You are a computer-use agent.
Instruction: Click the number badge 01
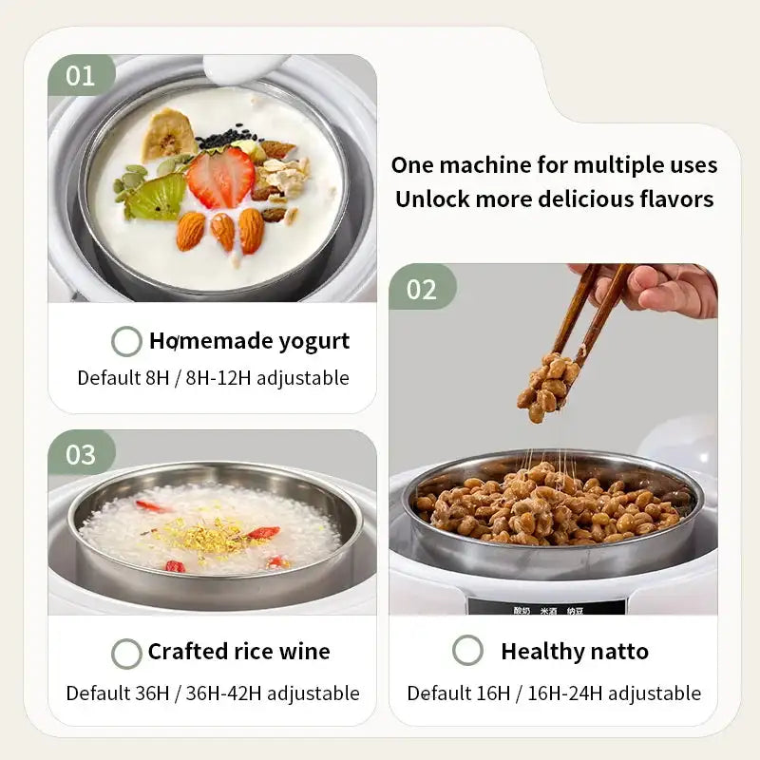[x=80, y=75]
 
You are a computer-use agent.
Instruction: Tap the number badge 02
[x=421, y=288]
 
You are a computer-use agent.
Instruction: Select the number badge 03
[x=80, y=454]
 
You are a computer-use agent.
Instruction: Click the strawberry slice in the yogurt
[x=220, y=178]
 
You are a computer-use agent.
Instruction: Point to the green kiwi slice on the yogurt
[x=155, y=198]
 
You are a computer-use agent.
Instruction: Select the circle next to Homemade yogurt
[x=126, y=341]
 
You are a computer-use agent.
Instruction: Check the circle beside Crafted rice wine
[x=126, y=653]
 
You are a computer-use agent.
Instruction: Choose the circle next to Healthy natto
[x=467, y=651]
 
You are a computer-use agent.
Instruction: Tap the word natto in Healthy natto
[x=615, y=652]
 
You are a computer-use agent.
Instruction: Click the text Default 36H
[x=116, y=693]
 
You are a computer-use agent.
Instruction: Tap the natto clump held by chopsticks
[x=546, y=384]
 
